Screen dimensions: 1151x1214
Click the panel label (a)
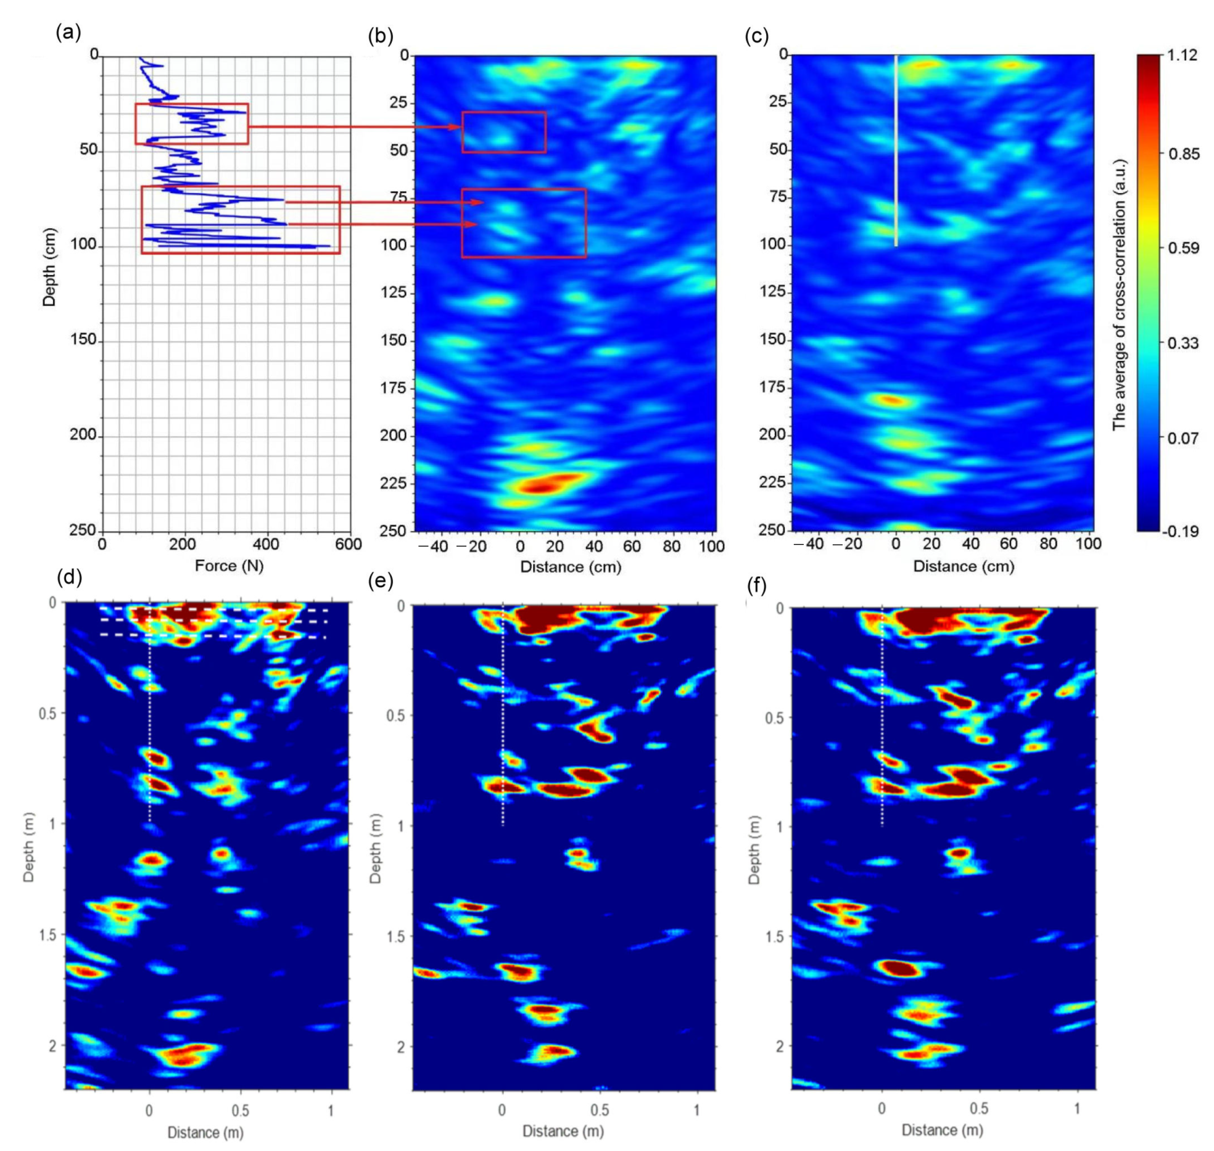coord(68,32)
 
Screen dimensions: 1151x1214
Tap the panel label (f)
coord(756,584)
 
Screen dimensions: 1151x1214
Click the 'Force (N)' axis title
coord(229,566)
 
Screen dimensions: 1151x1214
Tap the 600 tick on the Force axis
coord(349,544)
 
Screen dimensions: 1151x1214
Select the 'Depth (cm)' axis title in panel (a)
coord(49,267)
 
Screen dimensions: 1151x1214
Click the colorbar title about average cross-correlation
coord(1120,295)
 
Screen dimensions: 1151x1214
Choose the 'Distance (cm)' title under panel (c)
coord(963,566)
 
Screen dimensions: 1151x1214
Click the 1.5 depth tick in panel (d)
coord(48,935)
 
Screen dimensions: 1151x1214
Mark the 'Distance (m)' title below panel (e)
coord(563,1131)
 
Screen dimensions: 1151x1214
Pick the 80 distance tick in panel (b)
coord(671,547)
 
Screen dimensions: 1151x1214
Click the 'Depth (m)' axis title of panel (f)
coord(753,851)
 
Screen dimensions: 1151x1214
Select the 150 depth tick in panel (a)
coord(83,340)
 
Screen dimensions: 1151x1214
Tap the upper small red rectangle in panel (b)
coord(504,132)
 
